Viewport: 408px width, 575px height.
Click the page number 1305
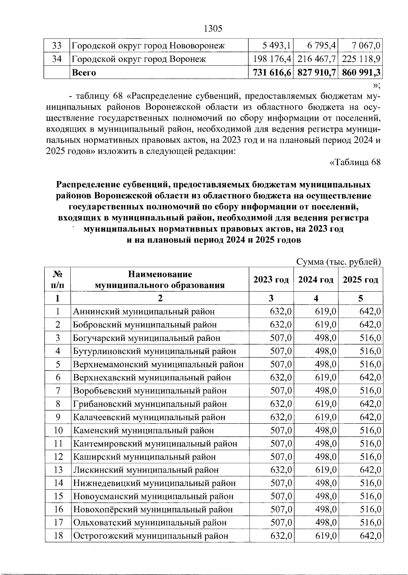[213, 29]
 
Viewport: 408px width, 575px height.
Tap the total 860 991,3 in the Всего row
[361, 72]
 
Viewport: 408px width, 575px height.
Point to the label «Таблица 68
[355, 162]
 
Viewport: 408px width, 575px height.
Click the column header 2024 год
[316, 280]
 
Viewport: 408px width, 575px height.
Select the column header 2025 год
[360, 280]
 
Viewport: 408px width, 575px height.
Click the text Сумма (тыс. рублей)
[338, 262]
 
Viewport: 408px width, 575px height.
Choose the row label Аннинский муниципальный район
[144, 311]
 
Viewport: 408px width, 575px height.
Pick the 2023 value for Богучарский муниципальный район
[281, 338]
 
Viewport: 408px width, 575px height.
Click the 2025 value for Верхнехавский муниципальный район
[370, 377]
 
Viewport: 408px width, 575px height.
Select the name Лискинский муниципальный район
[146, 470]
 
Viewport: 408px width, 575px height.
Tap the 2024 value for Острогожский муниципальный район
[325, 536]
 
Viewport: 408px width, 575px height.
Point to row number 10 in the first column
[58, 430]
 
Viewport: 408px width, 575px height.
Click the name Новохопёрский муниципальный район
[153, 509]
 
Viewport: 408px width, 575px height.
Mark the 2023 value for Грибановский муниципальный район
[281, 404]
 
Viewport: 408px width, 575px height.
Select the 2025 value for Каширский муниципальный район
[370, 457]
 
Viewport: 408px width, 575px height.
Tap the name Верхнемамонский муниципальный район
[158, 364]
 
